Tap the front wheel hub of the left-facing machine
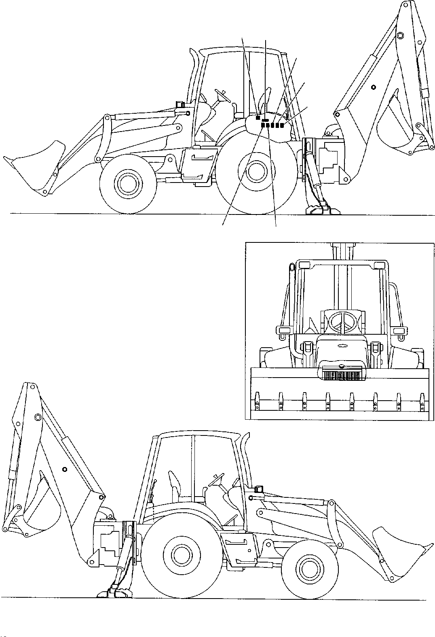point(127,183)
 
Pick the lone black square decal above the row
point(258,118)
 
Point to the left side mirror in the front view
point(282,331)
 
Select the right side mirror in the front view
point(399,331)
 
